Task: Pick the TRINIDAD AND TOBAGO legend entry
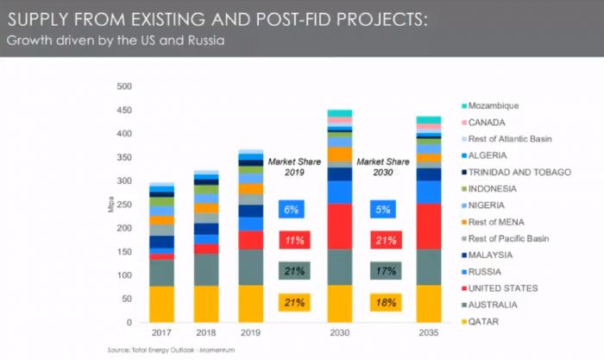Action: coord(525,172)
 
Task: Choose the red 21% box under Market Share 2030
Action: coord(384,240)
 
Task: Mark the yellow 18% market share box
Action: coord(384,302)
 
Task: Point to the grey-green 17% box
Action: coord(384,271)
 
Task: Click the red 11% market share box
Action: coord(294,240)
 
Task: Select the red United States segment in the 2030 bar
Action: coord(339,226)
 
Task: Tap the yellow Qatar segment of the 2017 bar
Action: coord(161,304)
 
